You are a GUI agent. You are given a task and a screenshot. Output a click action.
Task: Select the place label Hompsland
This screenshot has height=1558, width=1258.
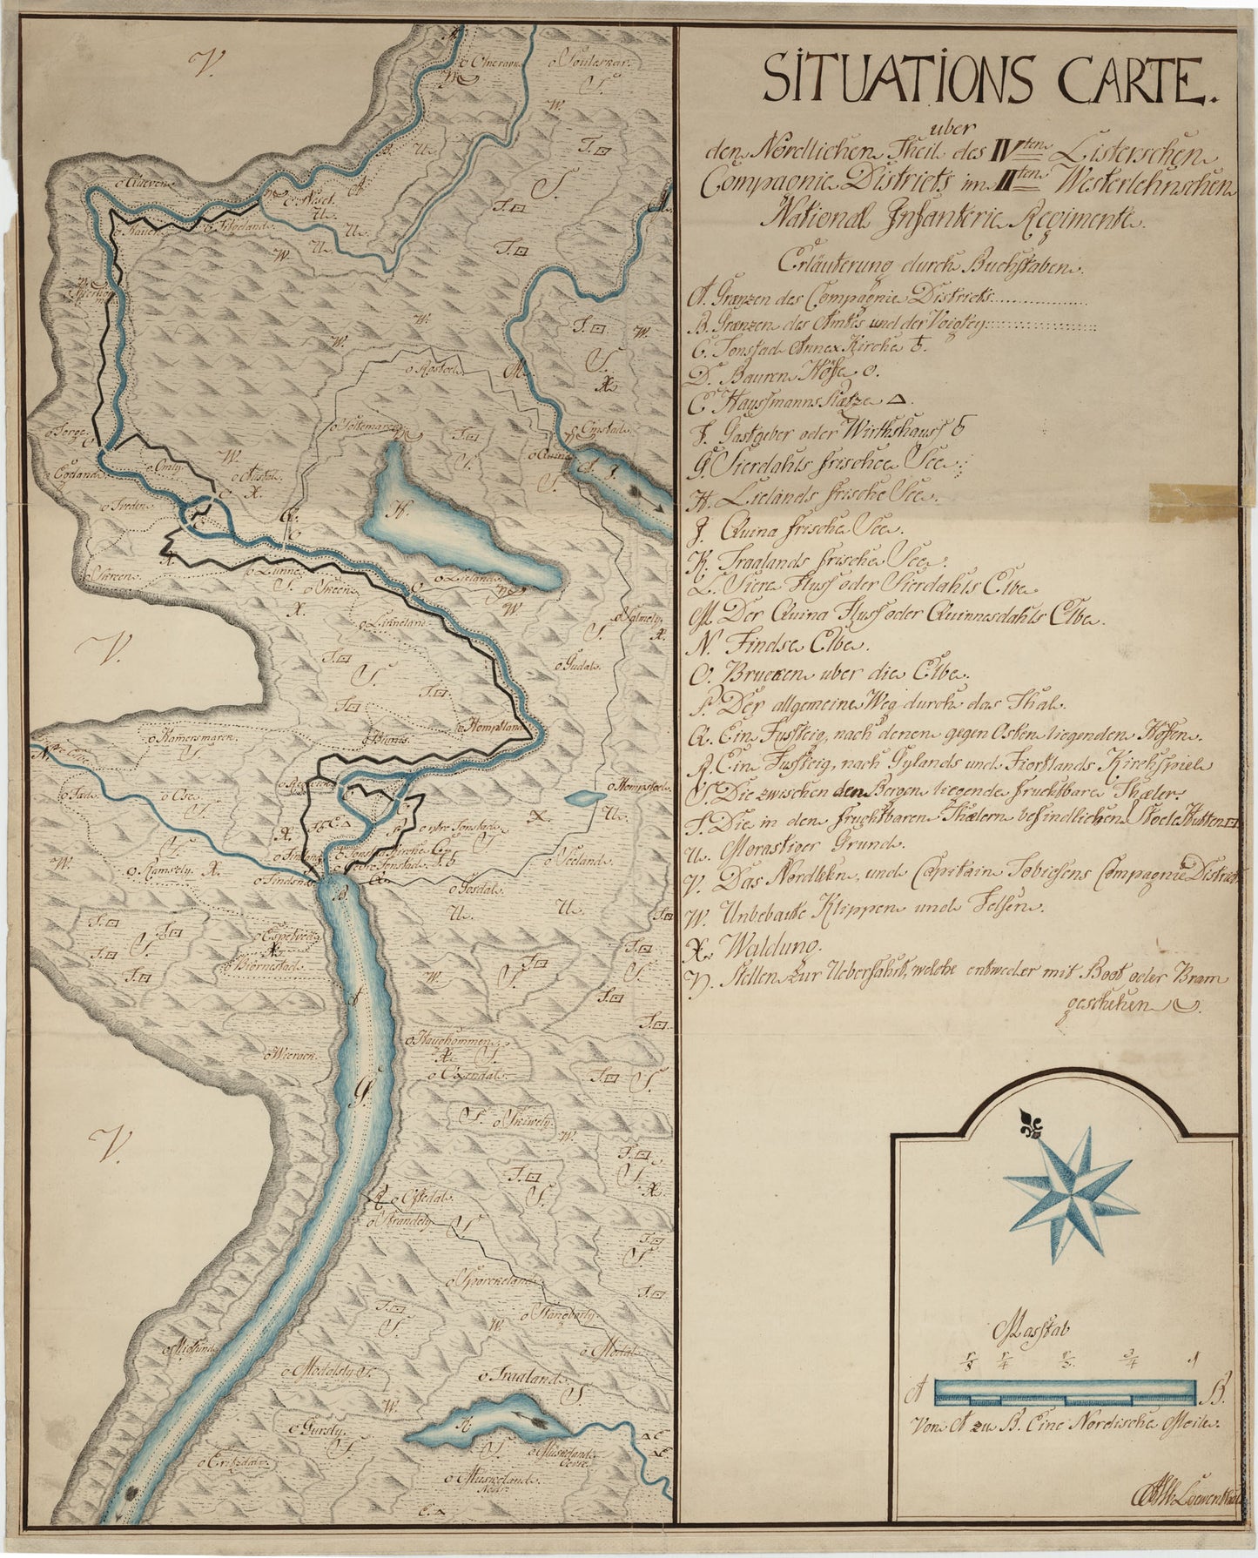(494, 723)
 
